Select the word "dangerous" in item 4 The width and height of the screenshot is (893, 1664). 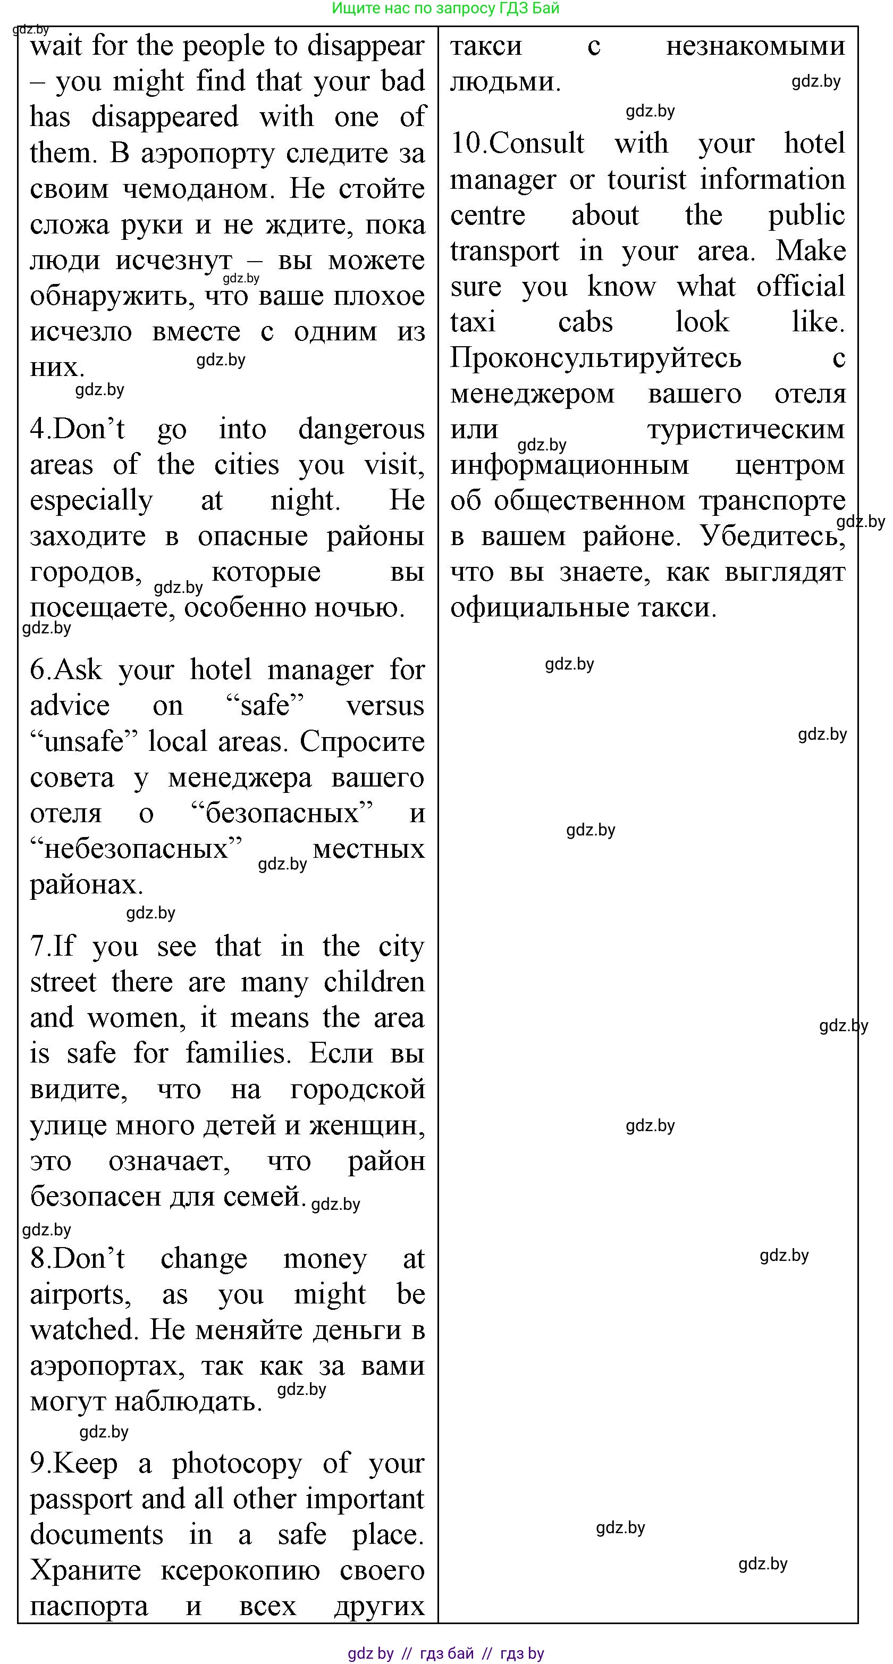pos(361,430)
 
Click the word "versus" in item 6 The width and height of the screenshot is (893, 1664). pos(385,705)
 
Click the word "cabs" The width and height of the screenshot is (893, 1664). pos(585,322)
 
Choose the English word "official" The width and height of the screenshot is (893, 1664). pos(800,286)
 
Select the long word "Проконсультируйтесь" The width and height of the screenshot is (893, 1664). pos(595,358)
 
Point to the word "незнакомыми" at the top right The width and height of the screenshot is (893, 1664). pos(755,46)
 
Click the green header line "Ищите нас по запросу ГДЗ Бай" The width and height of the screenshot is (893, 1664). pos(445,9)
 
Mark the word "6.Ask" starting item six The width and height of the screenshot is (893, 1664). pos(66,670)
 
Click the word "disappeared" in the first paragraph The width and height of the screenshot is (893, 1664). pos(165,117)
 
